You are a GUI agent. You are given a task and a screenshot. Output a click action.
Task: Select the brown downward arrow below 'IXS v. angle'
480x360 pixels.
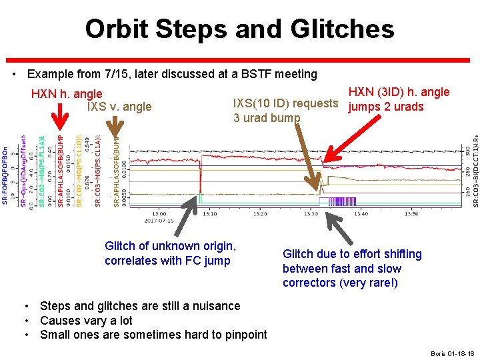118,130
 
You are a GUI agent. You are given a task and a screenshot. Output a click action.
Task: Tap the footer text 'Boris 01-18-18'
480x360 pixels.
452,353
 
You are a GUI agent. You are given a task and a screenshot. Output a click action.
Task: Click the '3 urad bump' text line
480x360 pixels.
266,118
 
